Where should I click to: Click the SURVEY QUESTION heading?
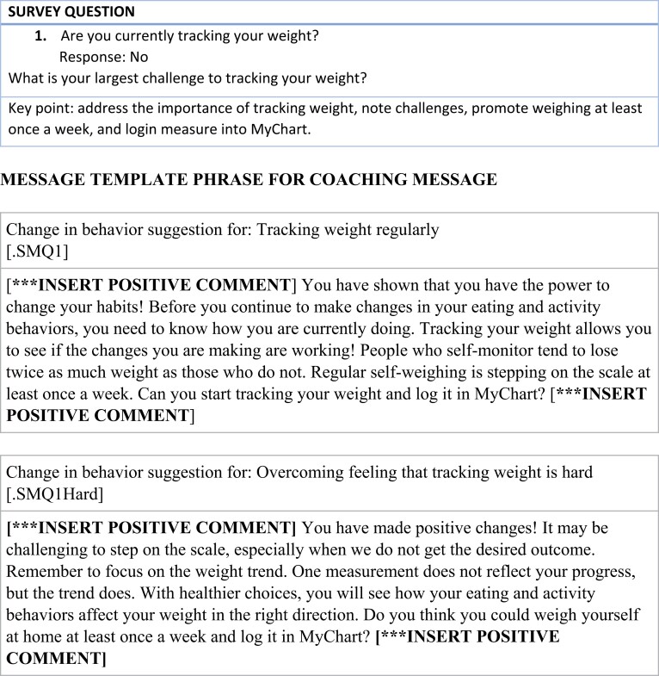[73, 12]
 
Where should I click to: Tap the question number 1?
[40, 37]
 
